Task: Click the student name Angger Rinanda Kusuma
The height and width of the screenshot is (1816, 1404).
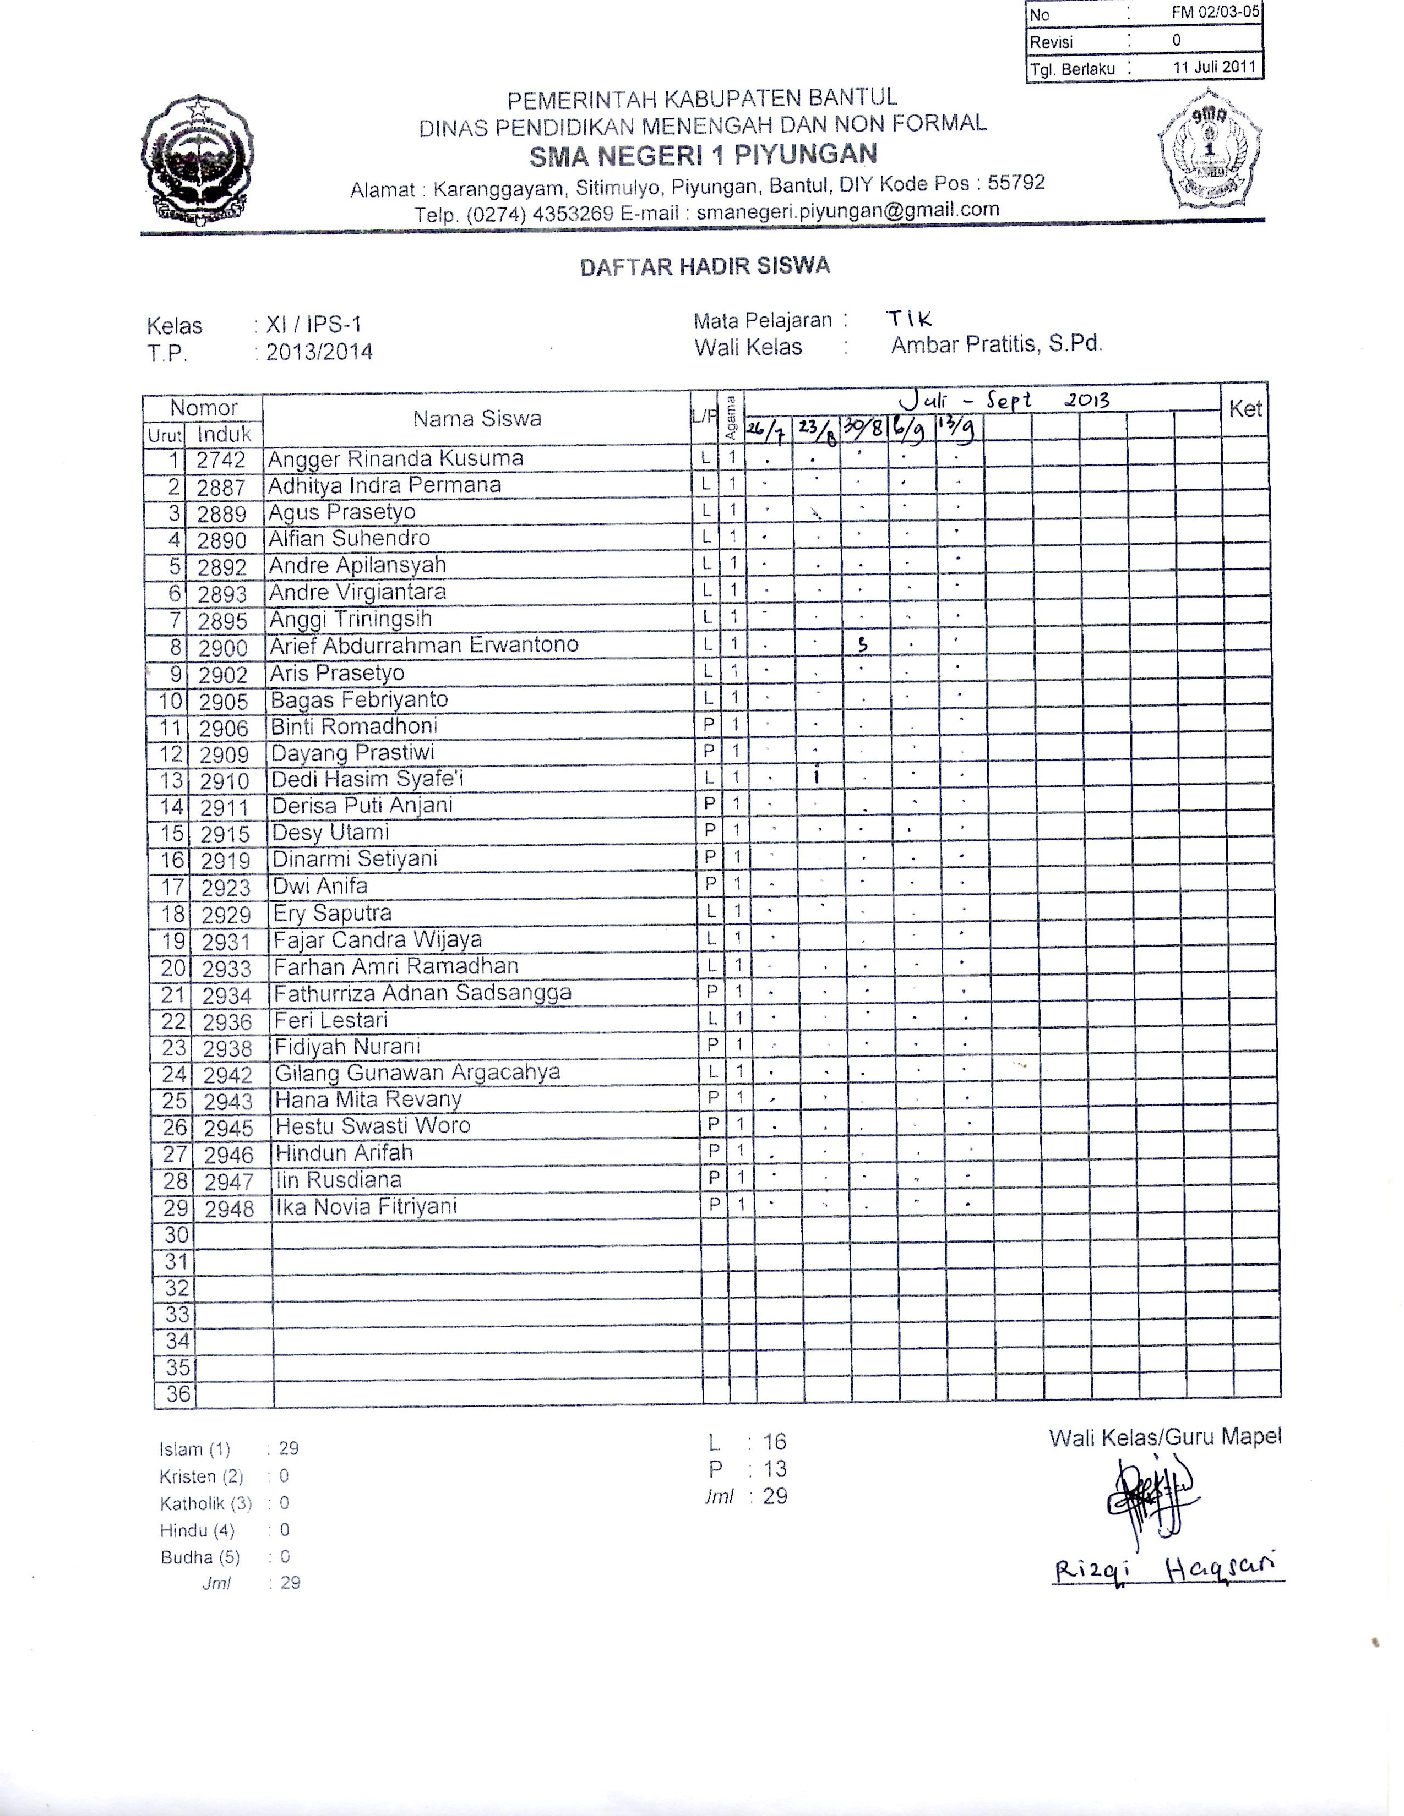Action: click(395, 459)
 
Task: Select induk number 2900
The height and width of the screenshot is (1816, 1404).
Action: click(223, 648)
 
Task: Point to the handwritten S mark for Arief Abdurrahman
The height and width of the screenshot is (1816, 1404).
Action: click(863, 644)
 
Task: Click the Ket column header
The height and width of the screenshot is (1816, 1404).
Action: click(1244, 408)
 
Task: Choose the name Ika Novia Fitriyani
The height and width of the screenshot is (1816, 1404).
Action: click(366, 1206)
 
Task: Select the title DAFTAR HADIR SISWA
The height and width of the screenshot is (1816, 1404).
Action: click(705, 266)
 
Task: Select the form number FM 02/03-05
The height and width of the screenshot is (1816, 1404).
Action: click(1215, 13)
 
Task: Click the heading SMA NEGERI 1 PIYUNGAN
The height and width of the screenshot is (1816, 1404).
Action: click(703, 155)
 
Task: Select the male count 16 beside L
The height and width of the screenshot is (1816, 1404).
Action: click(774, 1442)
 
